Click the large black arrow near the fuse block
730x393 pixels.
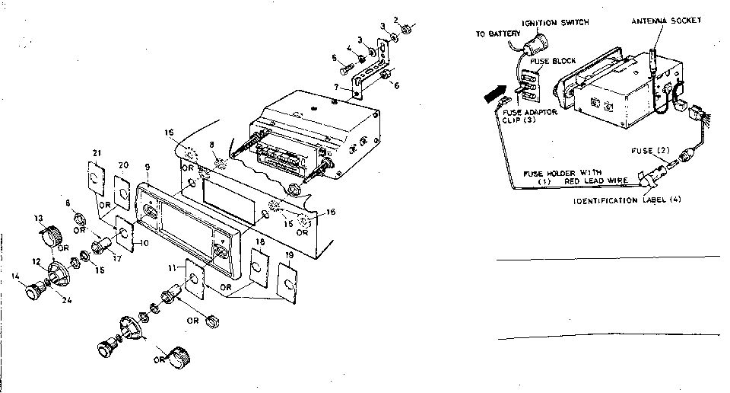pyautogui.click(x=496, y=94)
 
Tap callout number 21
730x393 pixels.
pyautogui.click(x=97, y=152)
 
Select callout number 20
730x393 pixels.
pyautogui.click(x=123, y=165)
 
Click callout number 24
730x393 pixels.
pyautogui.click(x=67, y=299)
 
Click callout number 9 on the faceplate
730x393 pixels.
pyautogui.click(x=146, y=165)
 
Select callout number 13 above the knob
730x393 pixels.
pyautogui.click(x=40, y=218)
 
